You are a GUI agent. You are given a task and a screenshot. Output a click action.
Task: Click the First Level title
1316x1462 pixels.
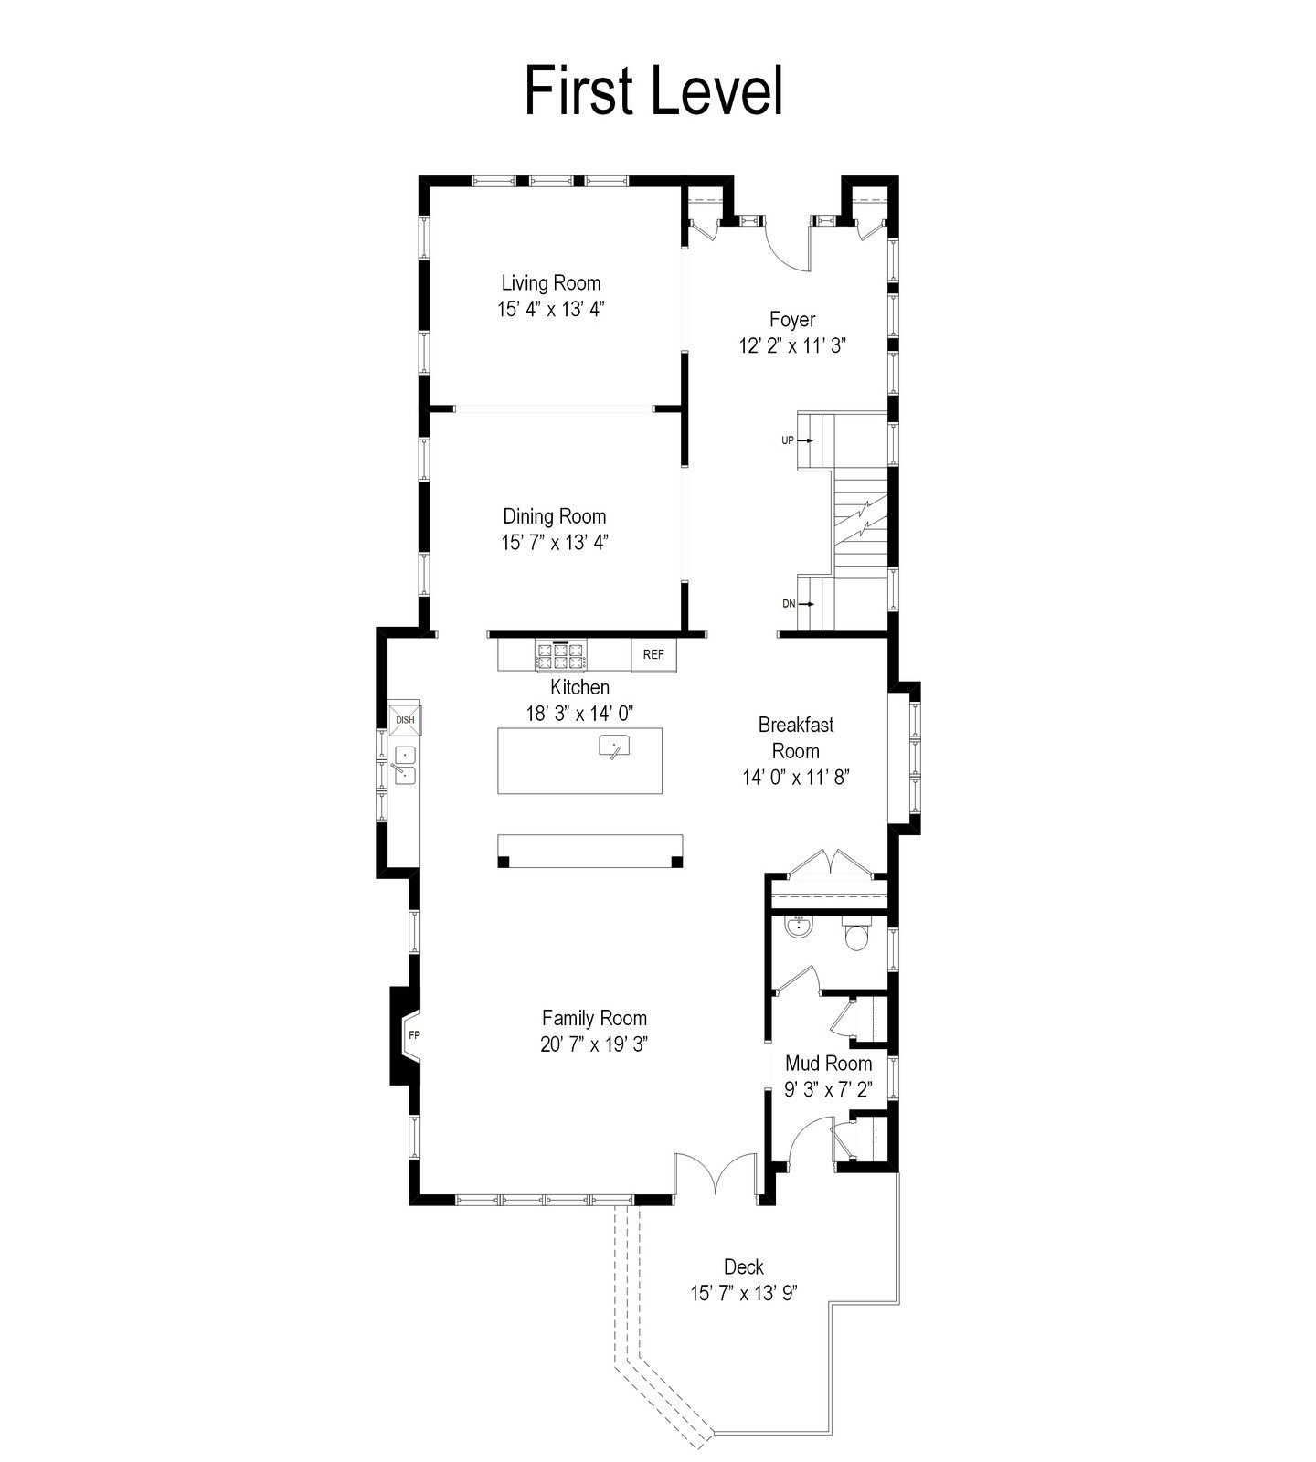pyautogui.click(x=653, y=90)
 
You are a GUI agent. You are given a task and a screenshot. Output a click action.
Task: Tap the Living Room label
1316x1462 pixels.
pyautogui.click(x=551, y=283)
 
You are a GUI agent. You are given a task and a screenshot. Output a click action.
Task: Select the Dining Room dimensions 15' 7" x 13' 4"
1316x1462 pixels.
pyautogui.click(x=555, y=543)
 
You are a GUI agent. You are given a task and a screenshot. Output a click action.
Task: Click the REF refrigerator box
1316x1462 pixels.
pyautogui.click(x=653, y=654)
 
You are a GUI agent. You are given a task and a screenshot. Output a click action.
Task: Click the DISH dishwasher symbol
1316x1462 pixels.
pyautogui.click(x=405, y=719)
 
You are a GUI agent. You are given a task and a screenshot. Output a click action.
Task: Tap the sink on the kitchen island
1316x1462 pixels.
pyautogui.click(x=615, y=747)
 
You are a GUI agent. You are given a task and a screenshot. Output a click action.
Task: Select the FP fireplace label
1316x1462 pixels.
pyautogui.click(x=414, y=1035)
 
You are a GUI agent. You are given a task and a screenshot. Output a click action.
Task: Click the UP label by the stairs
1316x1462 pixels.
pyautogui.click(x=788, y=440)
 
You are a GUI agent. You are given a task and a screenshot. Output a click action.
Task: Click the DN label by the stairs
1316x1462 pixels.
pyautogui.click(x=789, y=604)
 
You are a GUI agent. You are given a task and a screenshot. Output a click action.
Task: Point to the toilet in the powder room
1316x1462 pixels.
pyautogui.click(x=856, y=933)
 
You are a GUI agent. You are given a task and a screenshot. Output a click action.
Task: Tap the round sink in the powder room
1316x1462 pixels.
pyautogui.click(x=799, y=927)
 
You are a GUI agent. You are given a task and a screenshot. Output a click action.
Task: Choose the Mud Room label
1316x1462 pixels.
pyautogui.click(x=829, y=1064)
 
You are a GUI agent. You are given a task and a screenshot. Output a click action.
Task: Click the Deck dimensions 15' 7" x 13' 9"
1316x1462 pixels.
pyautogui.click(x=744, y=1294)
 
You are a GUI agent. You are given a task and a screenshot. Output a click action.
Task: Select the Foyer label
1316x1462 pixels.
pyautogui.click(x=792, y=320)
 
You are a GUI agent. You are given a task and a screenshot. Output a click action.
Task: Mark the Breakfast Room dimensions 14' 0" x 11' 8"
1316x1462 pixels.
pyautogui.click(x=796, y=778)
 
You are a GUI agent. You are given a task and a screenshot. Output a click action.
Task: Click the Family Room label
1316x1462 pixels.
pyautogui.click(x=594, y=1018)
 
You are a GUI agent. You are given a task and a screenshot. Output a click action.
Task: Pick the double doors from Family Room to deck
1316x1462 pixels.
pyautogui.click(x=716, y=1174)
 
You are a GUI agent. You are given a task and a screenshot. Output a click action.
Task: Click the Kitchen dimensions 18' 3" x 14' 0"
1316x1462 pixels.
pyautogui.click(x=579, y=713)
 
